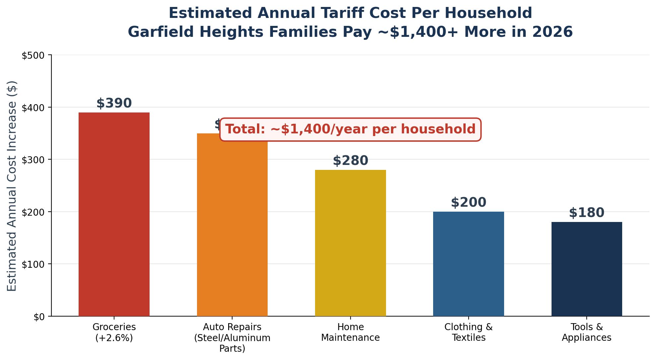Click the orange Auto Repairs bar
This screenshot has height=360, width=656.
(x=232, y=229)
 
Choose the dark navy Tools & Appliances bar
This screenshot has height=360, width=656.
(x=586, y=269)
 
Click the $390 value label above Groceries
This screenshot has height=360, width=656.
(x=114, y=103)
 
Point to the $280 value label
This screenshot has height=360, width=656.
(x=350, y=161)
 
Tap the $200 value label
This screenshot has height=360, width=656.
(x=468, y=202)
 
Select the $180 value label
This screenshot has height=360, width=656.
(x=586, y=213)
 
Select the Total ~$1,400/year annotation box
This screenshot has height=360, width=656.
(x=350, y=129)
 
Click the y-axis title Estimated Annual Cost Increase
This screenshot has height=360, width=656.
(x=12, y=186)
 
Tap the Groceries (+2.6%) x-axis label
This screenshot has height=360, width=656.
(x=114, y=332)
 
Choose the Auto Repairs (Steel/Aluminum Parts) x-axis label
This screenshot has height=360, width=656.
(x=232, y=337)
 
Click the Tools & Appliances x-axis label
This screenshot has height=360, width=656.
(x=586, y=332)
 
